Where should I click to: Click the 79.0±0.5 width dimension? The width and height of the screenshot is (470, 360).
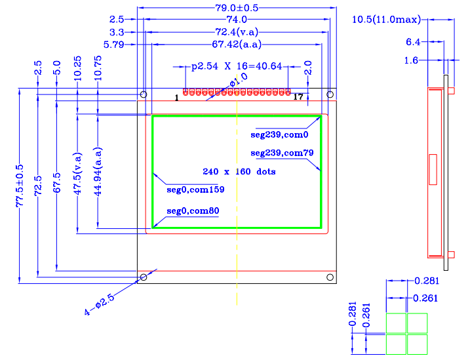tap(237, 9)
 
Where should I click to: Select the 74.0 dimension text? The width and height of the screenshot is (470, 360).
tap(237, 20)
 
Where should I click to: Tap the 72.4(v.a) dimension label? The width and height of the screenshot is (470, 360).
tap(237, 32)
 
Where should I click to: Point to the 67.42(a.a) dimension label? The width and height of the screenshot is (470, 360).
tap(237, 45)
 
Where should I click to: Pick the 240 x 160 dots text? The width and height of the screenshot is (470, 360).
tap(239, 172)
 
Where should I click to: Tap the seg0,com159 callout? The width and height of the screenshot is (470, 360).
tap(195, 190)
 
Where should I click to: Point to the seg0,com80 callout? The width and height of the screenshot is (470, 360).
tap(193, 211)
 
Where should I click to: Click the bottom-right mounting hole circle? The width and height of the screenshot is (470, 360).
tap(330, 278)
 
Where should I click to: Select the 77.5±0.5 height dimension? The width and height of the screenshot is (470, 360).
tap(20, 187)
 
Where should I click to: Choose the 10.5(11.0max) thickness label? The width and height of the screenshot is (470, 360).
tap(386, 20)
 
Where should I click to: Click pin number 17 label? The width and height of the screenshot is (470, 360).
tap(298, 97)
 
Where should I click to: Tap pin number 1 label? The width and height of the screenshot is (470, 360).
tap(177, 97)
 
